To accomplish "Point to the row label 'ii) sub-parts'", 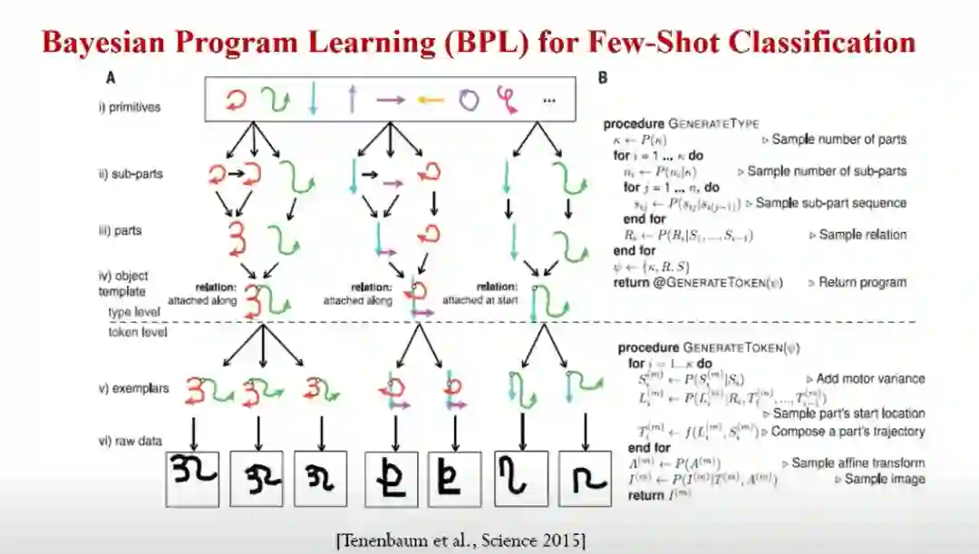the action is coord(129,173).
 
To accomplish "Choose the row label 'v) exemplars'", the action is coord(133,389).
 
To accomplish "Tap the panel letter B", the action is coord(602,79).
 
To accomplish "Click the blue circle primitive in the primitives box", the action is coord(468,101).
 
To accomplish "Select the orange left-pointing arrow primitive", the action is coord(429,101).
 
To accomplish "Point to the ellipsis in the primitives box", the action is coord(548,102).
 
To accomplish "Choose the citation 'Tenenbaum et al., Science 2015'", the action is coord(460,541).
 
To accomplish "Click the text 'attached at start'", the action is coord(480,299).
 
